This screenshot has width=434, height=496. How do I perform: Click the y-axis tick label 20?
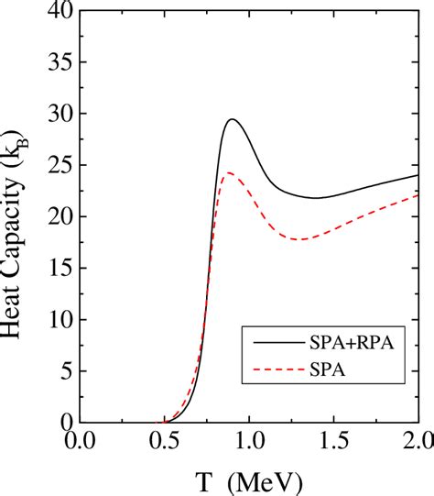(x=56, y=218)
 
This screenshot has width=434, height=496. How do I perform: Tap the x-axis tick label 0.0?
(x=80, y=442)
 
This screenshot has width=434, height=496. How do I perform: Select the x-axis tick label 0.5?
(x=165, y=442)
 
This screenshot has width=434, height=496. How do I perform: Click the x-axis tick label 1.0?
(x=249, y=442)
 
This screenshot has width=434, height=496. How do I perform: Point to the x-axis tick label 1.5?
(x=333, y=442)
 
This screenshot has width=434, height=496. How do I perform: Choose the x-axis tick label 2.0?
(x=415, y=442)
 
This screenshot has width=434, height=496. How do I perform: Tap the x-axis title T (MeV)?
(x=248, y=480)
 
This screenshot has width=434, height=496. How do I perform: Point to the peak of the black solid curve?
(x=233, y=119)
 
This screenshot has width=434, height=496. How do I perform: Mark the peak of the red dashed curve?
(x=228, y=172)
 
